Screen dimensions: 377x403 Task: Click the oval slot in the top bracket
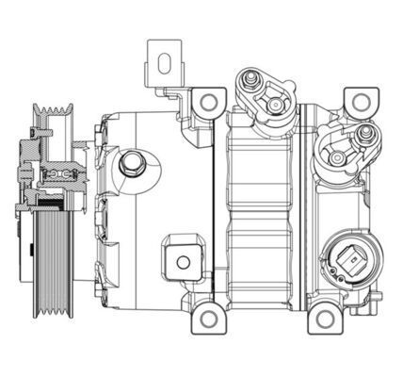[x=164, y=64]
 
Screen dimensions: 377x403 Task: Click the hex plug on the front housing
[x=131, y=166]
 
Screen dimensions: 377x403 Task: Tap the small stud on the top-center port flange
[x=250, y=77]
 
